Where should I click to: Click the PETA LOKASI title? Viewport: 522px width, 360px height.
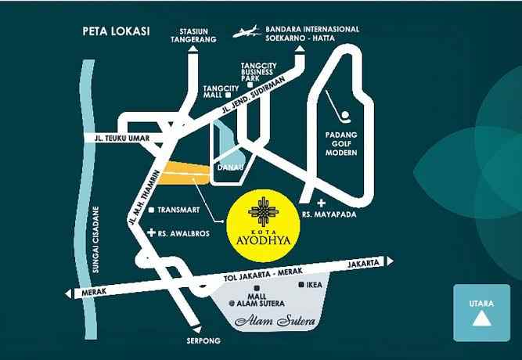[116, 32]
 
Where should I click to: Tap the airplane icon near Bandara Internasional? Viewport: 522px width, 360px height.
[250, 33]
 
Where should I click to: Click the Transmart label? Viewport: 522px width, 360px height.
[180, 211]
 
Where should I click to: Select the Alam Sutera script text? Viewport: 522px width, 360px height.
[268, 322]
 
